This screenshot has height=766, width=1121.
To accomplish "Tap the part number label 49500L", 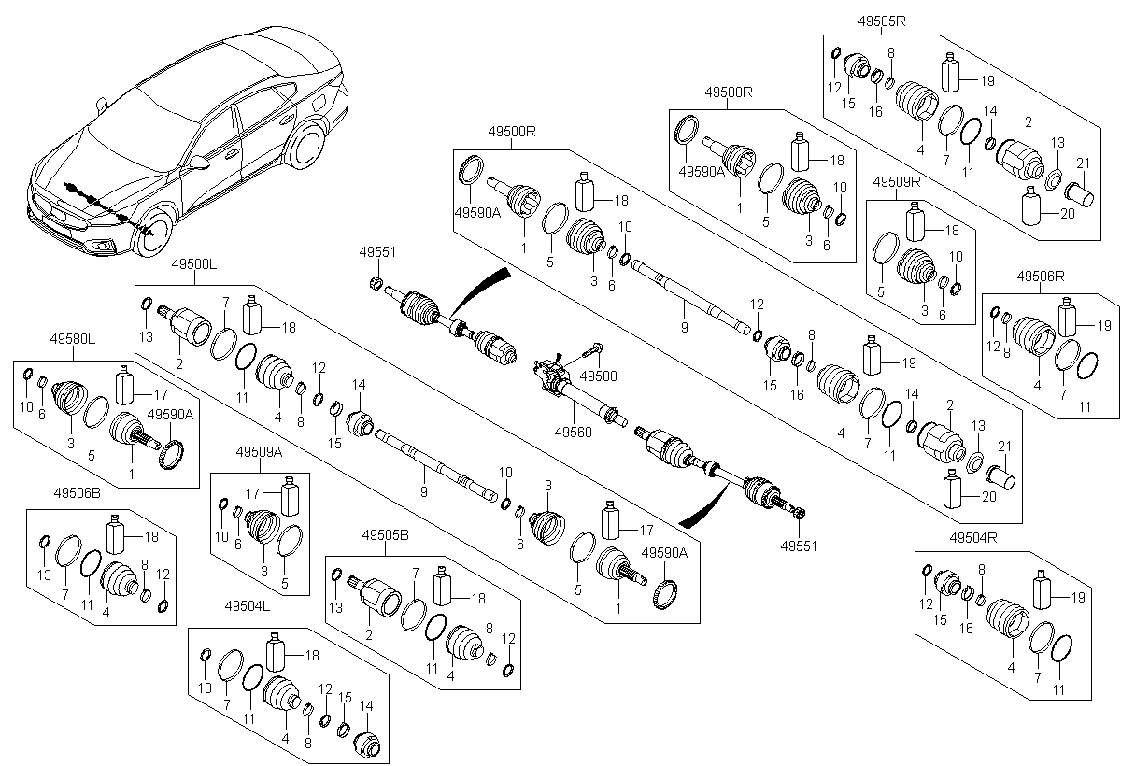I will (x=193, y=266).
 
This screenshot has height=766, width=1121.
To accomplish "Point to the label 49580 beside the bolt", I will (x=599, y=376).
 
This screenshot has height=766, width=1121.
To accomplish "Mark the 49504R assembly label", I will (x=974, y=537).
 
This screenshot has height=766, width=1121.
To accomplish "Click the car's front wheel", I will (x=155, y=235).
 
